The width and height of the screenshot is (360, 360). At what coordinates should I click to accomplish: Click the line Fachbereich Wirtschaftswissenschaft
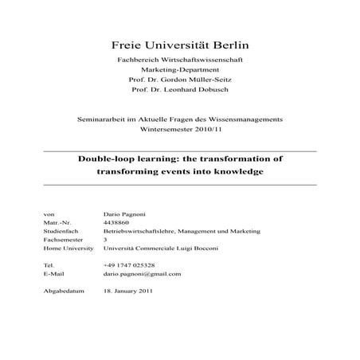coord(179,61)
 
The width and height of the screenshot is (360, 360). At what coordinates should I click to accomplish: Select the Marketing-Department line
coord(179,70)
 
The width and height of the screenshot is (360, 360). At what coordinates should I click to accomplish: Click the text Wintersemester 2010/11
coord(179,127)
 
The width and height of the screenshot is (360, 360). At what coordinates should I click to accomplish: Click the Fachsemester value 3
coord(105,239)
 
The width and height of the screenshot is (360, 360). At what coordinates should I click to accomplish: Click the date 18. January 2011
coord(129,291)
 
